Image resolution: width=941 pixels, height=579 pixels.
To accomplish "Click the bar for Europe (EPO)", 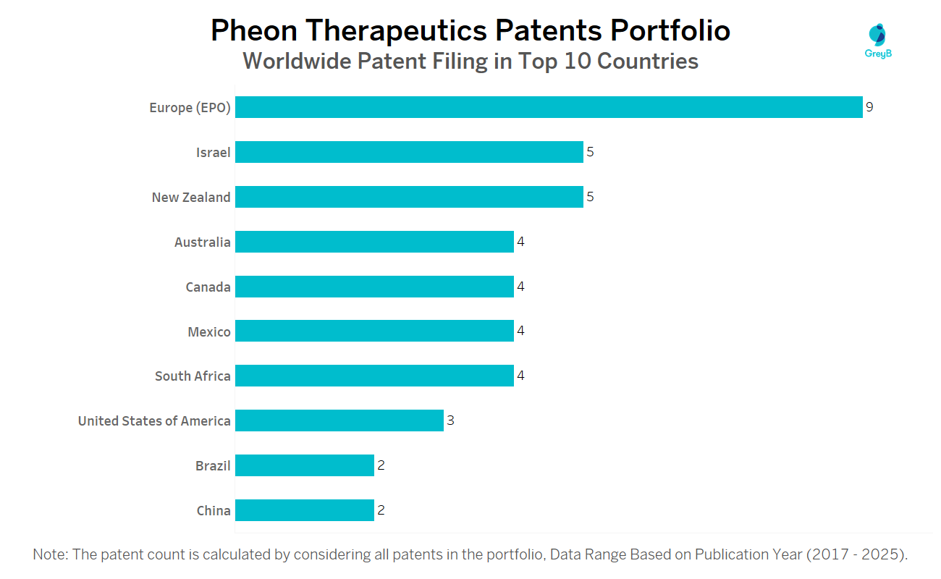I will pyautogui.click(x=549, y=107).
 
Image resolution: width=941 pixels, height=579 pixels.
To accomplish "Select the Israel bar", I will pyautogui.click(x=409, y=152).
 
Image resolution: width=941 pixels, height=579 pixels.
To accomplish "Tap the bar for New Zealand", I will pyautogui.click(x=409, y=197).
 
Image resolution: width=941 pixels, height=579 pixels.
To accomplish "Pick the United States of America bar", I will pyautogui.click(x=339, y=420).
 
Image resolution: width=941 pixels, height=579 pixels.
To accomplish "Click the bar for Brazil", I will pyautogui.click(x=305, y=465).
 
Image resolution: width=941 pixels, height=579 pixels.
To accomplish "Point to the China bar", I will pyautogui.click(x=305, y=510).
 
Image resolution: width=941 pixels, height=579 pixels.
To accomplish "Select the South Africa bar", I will pyautogui.click(x=374, y=376).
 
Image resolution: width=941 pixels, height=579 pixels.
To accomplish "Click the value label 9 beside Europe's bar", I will pyautogui.click(x=869, y=107).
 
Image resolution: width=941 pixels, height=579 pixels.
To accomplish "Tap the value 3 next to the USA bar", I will pyautogui.click(x=450, y=420).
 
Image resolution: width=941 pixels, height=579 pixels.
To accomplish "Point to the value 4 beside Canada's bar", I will pyautogui.click(x=520, y=287).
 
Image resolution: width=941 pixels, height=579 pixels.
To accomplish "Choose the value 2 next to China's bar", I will pyautogui.click(x=381, y=510).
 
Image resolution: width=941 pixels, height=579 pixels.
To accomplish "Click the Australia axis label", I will pyautogui.click(x=202, y=242).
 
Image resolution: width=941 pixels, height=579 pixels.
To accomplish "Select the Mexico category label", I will pyautogui.click(x=209, y=332).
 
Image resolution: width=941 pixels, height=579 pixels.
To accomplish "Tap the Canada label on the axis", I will pyautogui.click(x=208, y=287).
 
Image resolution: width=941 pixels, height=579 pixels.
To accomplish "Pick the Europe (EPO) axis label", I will pyautogui.click(x=190, y=108).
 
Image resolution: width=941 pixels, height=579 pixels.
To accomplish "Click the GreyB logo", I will pyautogui.click(x=878, y=41).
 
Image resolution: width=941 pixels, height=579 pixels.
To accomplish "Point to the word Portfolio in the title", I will pyautogui.click(x=670, y=31).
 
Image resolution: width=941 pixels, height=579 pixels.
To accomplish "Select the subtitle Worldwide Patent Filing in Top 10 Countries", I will pyautogui.click(x=470, y=62).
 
